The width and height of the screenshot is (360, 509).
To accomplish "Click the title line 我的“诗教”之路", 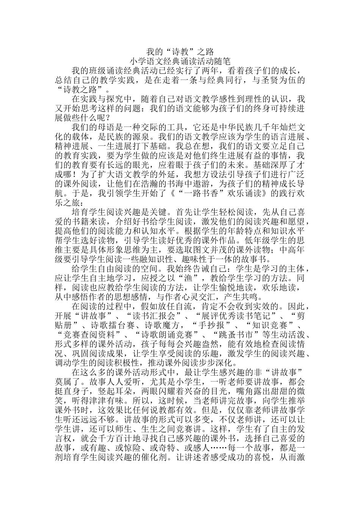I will coord(180,52).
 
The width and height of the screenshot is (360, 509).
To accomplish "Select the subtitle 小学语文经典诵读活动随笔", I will coord(180,61).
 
